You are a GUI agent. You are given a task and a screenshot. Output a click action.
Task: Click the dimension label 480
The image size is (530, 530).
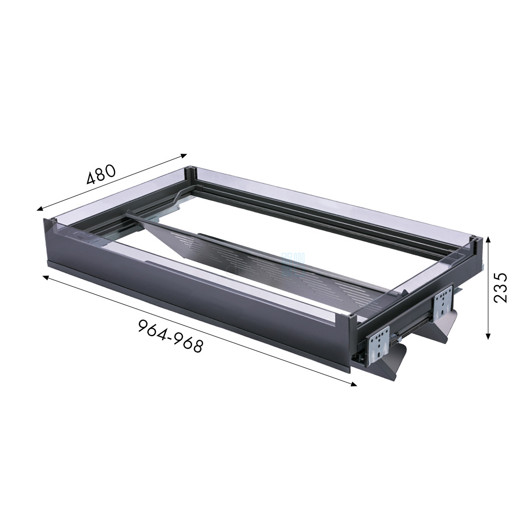point(101,174)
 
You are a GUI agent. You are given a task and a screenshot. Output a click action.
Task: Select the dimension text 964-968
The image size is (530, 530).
point(171,337)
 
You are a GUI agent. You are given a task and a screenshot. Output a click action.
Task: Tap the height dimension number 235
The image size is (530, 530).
point(501,288)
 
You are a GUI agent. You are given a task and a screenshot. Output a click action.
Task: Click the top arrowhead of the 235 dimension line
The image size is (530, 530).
point(488,240)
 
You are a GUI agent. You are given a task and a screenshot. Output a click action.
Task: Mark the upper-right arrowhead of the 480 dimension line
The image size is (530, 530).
point(184,155)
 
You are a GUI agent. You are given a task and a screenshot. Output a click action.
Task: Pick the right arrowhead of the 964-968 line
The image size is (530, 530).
point(354,384)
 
